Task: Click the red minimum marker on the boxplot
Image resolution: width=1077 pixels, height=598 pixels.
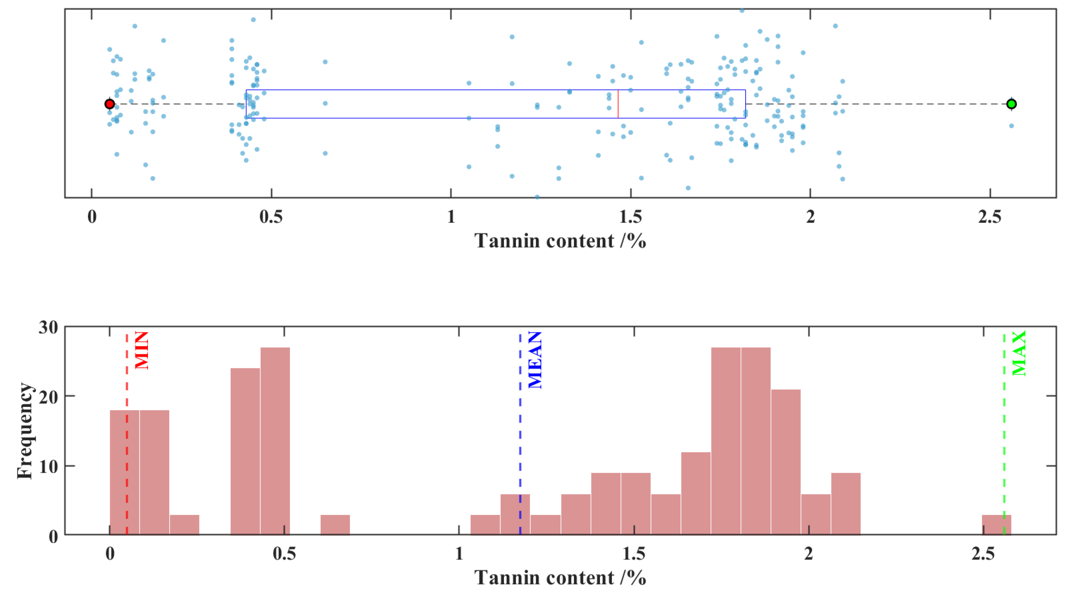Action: click(x=109, y=104)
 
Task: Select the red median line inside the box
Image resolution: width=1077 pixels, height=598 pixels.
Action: click(x=618, y=104)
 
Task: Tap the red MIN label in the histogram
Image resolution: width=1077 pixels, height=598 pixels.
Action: click(x=142, y=350)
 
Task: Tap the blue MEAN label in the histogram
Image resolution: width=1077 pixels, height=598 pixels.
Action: click(x=535, y=360)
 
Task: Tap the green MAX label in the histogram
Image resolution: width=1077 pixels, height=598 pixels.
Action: click(x=1019, y=353)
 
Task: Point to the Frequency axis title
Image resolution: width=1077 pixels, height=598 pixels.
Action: click(x=25, y=431)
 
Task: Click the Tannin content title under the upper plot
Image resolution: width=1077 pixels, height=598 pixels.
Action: click(x=560, y=241)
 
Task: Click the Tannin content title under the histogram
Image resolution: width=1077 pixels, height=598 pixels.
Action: click(x=560, y=578)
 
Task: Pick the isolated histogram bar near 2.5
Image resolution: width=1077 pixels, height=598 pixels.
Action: click(x=996, y=525)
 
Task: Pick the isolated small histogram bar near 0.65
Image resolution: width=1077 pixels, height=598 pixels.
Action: click(x=335, y=525)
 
